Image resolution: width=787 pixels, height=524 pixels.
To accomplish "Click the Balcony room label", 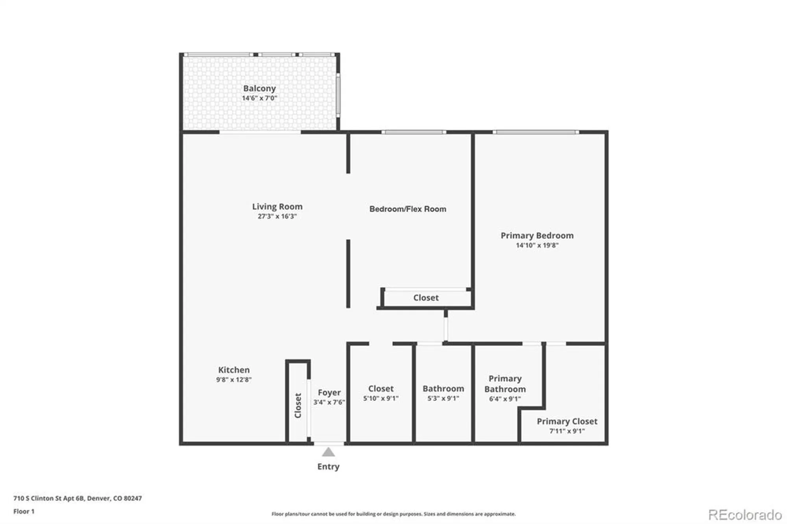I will (x=259, y=89).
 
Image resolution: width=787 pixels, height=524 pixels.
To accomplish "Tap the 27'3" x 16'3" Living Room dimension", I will (x=277, y=216).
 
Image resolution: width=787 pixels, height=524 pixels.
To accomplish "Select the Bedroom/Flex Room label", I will (x=408, y=209).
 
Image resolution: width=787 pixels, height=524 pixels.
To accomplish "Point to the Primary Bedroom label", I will (x=537, y=235).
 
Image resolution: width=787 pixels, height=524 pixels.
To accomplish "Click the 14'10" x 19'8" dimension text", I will (x=537, y=245).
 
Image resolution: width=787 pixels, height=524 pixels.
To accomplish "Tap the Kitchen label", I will (x=234, y=370).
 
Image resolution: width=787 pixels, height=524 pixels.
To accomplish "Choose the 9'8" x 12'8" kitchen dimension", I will (x=234, y=380).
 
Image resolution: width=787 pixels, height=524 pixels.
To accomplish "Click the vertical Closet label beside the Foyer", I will (x=298, y=405).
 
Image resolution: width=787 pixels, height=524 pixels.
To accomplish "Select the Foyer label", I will (x=329, y=393).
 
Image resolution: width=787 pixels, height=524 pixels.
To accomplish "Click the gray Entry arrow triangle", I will (x=328, y=453).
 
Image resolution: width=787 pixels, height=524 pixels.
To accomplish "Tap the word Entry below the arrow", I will (x=328, y=467).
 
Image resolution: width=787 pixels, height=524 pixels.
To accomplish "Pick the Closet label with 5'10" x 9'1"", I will (x=381, y=389).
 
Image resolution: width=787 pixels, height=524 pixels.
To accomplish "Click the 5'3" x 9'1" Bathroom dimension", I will (x=443, y=399).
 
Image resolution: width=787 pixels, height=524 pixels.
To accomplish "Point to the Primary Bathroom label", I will (x=505, y=384).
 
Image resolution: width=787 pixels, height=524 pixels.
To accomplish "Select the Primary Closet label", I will (x=567, y=421).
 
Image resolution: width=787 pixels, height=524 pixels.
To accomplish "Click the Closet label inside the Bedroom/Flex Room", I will (x=426, y=298).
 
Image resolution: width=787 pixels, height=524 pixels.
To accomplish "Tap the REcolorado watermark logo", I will (x=745, y=515).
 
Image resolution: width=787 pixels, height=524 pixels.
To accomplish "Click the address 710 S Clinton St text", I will (x=78, y=498).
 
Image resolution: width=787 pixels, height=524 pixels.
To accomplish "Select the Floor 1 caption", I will (x=24, y=511).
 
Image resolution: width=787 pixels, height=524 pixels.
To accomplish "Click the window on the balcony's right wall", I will (x=338, y=94).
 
